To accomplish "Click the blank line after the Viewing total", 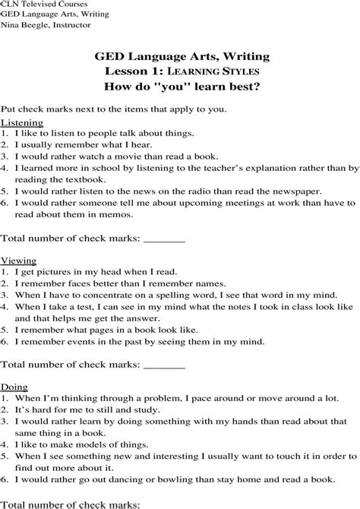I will coord(164,364).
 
